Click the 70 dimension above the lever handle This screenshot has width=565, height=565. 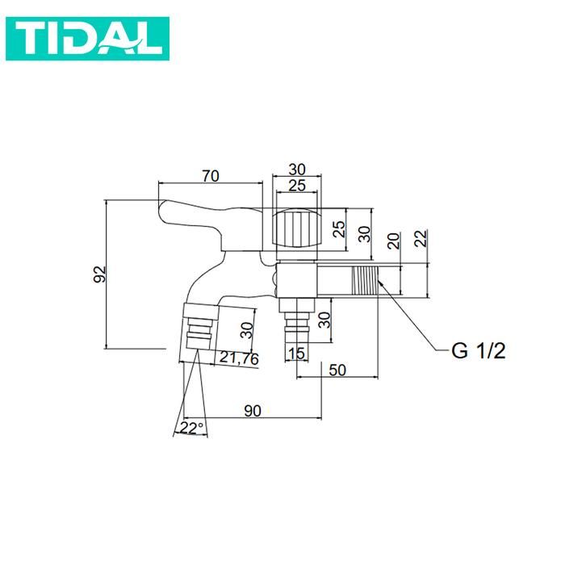tap(211, 175)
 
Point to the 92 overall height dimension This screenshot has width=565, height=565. tap(99, 274)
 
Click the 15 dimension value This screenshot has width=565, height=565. tap(295, 353)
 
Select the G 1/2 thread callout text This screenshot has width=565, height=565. tap(479, 352)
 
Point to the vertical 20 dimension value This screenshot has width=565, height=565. tap(393, 240)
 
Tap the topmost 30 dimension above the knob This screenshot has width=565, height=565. tap(297, 169)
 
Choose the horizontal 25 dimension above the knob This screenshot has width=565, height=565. tap(297, 186)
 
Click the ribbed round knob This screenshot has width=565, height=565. tap(296, 229)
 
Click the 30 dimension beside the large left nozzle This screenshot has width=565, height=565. tap(248, 331)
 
